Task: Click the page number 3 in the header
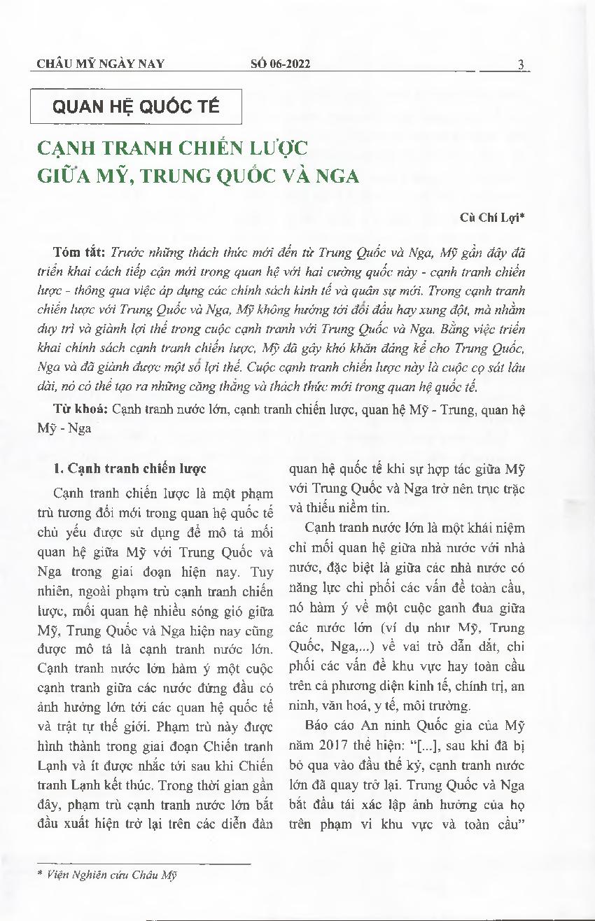521,64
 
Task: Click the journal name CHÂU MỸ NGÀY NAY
100,64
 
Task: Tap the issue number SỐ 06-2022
280,64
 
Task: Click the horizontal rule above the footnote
143,864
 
